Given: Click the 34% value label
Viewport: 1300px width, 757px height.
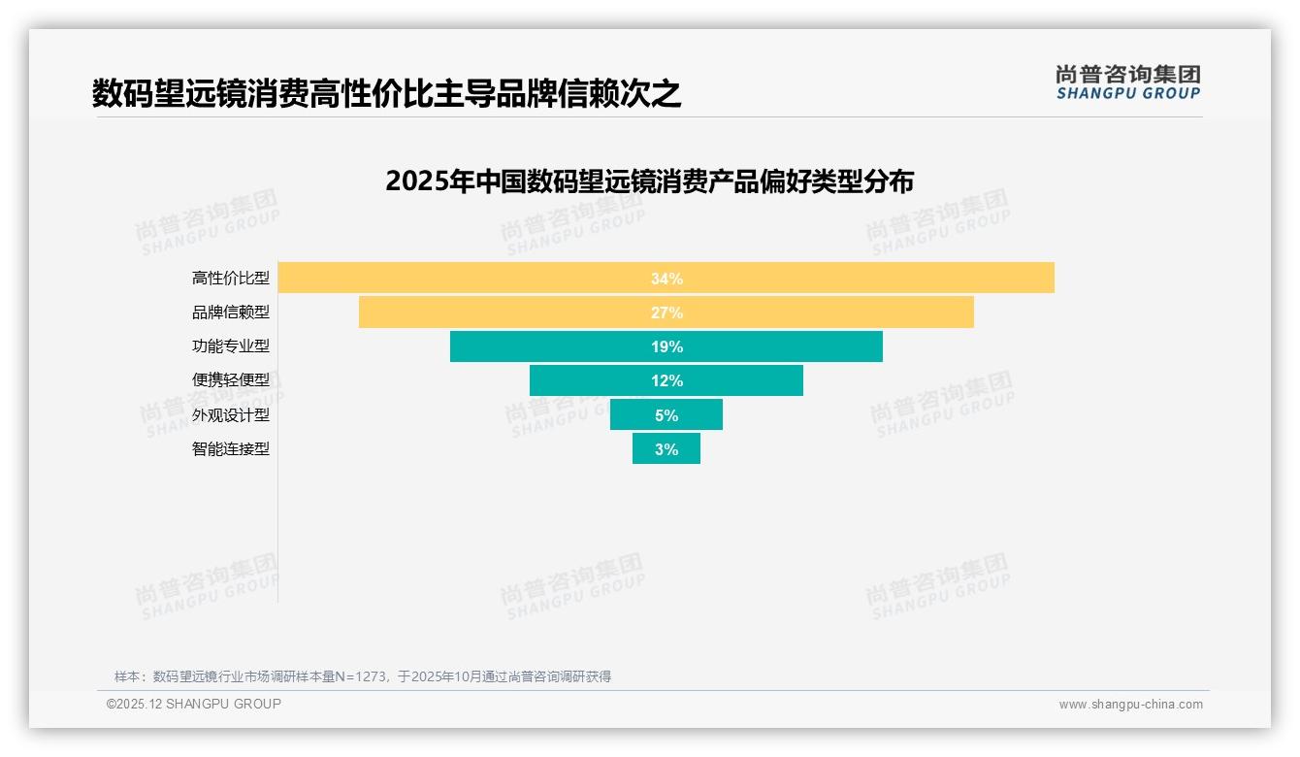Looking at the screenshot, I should (666, 279).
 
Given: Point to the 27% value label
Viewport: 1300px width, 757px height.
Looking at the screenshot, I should (666, 313).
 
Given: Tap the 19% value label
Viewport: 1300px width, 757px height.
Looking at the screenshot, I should (666, 346).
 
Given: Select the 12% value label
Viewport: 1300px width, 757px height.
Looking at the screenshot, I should (666, 380).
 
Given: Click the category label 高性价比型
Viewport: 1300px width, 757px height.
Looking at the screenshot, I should (230, 279).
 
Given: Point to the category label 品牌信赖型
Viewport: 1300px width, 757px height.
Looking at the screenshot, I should (230, 313).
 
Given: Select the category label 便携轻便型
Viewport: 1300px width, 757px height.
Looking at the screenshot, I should (230, 380).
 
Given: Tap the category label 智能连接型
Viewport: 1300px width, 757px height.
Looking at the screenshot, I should (230, 449).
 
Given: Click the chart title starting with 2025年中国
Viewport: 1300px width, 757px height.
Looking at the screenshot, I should (649, 181).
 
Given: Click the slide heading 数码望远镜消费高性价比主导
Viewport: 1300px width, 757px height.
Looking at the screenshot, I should (386, 94).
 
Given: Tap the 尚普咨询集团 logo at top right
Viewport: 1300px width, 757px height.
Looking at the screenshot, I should (1127, 82).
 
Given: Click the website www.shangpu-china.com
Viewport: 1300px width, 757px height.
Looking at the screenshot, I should (1130, 705).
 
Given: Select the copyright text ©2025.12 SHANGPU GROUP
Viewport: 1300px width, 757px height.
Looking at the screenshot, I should (194, 704).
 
